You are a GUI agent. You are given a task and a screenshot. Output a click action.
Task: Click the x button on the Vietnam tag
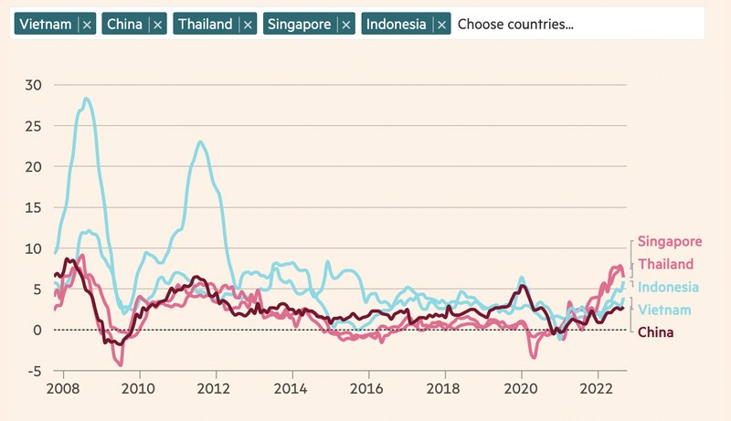click(87, 25)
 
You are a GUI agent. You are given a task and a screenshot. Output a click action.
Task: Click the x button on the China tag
click(158, 25)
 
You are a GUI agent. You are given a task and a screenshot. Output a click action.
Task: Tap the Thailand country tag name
click(205, 25)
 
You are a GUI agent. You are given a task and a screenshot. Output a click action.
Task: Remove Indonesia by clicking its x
click(442, 25)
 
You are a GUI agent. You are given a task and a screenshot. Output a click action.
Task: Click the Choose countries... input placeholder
click(515, 25)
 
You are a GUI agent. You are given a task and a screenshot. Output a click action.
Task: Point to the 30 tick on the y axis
click(34, 85)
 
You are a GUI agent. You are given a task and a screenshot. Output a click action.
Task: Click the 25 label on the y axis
click(34, 126)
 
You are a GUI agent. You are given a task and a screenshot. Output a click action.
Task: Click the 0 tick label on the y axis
click(38, 330)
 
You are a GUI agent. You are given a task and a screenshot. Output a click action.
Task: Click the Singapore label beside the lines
click(672, 242)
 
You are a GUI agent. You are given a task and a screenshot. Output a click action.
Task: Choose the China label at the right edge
click(656, 332)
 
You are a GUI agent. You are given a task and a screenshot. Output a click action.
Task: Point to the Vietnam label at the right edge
click(664, 310)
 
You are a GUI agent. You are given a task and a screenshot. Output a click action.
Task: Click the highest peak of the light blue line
click(87, 99)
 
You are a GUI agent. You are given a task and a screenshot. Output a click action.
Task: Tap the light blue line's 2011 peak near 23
click(200, 142)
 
